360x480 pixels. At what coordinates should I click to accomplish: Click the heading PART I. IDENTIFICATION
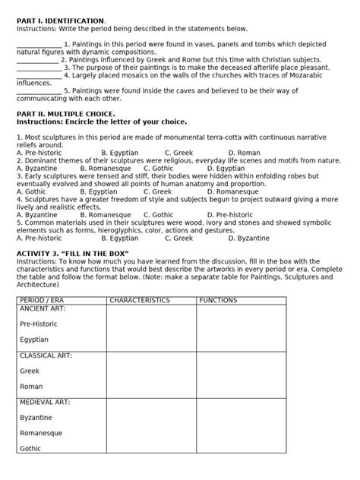[62, 20]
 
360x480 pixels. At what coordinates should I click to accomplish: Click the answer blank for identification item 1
[39, 45]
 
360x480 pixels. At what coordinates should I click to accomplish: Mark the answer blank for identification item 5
[39, 90]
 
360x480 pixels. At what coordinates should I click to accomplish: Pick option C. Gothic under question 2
[180, 168]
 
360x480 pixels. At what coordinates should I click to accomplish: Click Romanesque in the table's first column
[43, 432]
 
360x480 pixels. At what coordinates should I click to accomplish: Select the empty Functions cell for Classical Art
[241, 374]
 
